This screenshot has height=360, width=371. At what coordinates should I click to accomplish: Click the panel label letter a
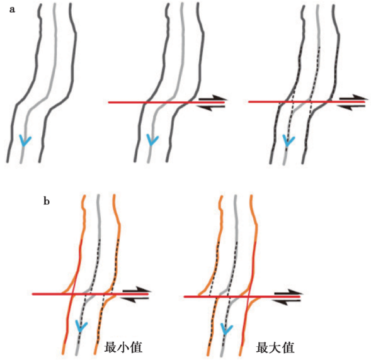[x=12, y=10]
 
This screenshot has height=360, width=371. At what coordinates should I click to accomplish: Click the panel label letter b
[x=47, y=201]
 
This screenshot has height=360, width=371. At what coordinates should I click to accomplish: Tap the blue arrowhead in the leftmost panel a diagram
[x=25, y=140]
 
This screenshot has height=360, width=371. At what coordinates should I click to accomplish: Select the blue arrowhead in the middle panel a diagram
[x=152, y=140]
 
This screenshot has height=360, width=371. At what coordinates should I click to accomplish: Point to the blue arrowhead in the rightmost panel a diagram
[x=289, y=141]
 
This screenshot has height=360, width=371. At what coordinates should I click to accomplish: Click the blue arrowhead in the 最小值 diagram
[x=81, y=326]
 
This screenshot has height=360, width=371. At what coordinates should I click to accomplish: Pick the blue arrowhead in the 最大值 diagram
[x=227, y=329]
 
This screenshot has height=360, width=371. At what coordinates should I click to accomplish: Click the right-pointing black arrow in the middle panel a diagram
[x=212, y=99]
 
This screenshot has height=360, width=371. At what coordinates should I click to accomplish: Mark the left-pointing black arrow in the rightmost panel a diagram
[x=351, y=106]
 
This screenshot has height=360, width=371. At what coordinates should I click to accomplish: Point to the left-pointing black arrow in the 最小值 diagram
[x=134, y=299]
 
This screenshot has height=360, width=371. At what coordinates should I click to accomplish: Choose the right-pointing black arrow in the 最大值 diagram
[x=289, y=293]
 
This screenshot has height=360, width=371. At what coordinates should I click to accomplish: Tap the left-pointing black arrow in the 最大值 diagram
[x=287, y=301]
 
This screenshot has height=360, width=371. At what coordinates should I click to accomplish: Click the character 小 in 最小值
[x=123, y=347]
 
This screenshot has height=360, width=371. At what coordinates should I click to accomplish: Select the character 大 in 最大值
[x=275, y=348]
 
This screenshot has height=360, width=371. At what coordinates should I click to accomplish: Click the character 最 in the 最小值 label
[x=110, y=347]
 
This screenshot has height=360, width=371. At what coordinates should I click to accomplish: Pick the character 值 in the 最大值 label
[x=288, y=348]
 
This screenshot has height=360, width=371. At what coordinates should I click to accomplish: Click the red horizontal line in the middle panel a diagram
[x=166, y=103]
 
